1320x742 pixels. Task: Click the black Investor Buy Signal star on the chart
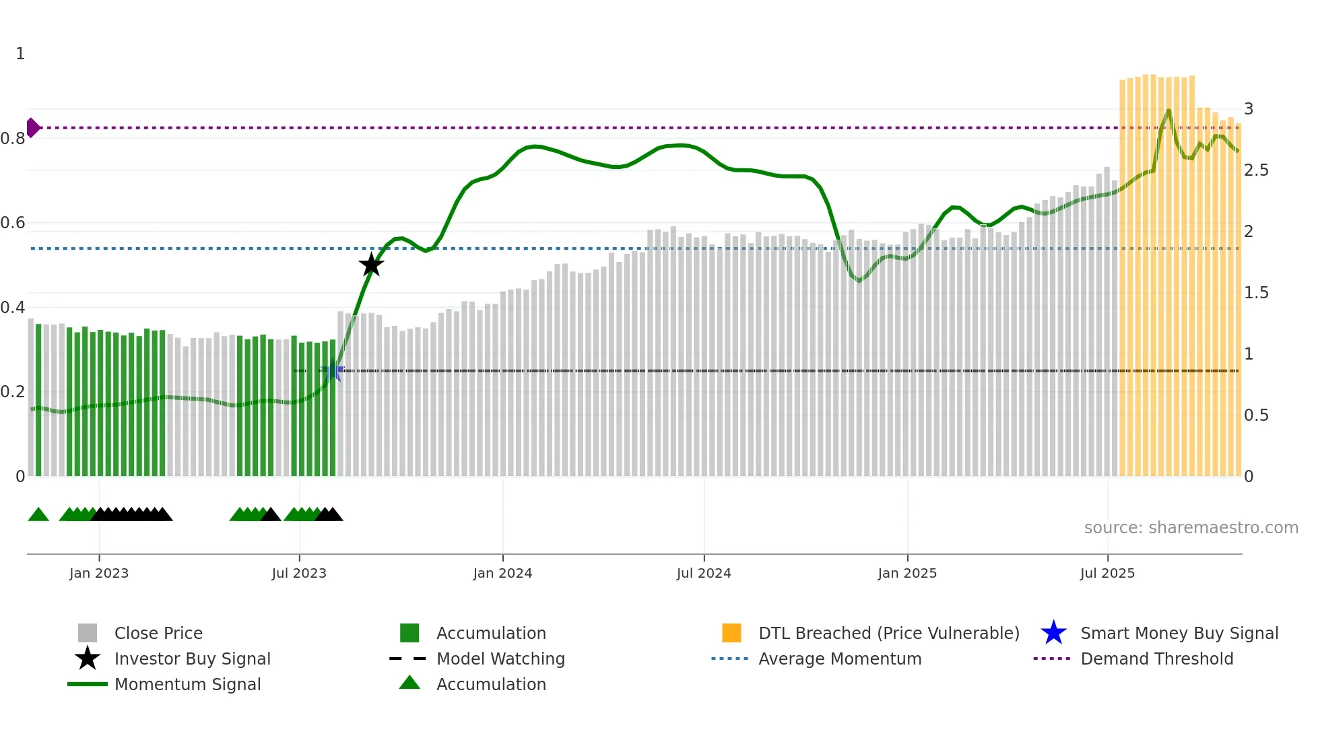pos(371,265)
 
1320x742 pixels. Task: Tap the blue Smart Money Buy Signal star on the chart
pos(333,371)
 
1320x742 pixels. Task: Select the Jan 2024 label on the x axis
pos(502,573)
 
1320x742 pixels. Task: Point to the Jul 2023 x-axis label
pos(299,573)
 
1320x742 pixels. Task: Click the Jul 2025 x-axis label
pos(1107,573)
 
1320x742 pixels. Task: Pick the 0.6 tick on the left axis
pos(13,223)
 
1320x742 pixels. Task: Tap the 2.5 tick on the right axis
pos(1256,170)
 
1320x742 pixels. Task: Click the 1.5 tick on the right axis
pos(1256,293)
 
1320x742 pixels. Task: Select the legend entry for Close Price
pos(158,633)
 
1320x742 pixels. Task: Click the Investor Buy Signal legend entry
pos(192,659)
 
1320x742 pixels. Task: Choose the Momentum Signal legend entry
pos(187,684)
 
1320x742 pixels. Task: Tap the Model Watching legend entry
pos(500,659)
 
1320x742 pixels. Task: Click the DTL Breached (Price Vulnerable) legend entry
pos(888,633)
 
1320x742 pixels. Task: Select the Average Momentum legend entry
pos(840,659)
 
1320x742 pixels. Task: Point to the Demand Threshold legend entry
pos(1156,659)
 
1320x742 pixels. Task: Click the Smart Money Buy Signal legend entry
pos(1179,633)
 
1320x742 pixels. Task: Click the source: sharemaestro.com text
pos(1191,527)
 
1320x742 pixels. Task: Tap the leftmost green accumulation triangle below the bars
pos(38,515)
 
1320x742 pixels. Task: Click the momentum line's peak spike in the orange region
pos(1168,111)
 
